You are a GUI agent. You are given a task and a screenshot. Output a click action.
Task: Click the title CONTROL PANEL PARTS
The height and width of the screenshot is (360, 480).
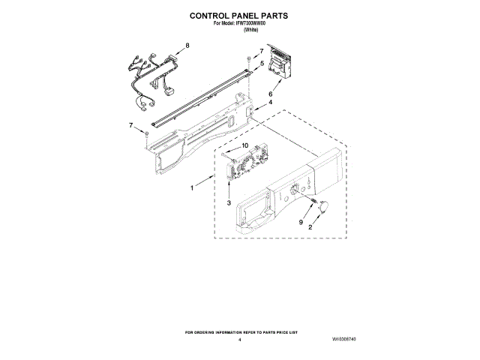(238, 14)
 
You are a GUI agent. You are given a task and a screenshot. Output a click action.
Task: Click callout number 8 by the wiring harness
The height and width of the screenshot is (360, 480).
(187, 46)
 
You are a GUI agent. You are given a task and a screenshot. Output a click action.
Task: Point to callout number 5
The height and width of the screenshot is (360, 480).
(262, 64)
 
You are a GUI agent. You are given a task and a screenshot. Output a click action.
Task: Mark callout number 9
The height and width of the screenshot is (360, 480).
(300, 222)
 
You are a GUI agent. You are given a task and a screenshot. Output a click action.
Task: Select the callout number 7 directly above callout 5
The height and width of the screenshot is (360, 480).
(262, 52)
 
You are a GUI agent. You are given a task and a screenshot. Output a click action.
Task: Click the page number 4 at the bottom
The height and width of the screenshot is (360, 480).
(239, 340)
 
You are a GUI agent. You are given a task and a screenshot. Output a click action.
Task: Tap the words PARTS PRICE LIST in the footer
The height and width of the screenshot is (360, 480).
(278, 331)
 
